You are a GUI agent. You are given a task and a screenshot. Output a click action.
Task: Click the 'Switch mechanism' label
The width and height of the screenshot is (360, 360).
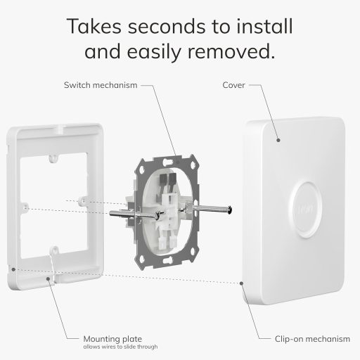100,86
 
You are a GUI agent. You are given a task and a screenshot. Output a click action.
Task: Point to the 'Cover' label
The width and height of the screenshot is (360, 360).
233,86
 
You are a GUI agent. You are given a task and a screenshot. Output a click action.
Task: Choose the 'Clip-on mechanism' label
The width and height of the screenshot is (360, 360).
312,339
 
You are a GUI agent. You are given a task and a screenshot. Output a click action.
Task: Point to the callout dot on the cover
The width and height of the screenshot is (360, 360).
278,141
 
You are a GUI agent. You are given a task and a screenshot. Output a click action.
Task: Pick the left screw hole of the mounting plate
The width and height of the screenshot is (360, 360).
25,208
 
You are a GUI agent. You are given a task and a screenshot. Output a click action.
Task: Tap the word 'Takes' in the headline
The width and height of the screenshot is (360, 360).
91,27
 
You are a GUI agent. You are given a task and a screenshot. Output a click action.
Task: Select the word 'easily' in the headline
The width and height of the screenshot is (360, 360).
158,51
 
